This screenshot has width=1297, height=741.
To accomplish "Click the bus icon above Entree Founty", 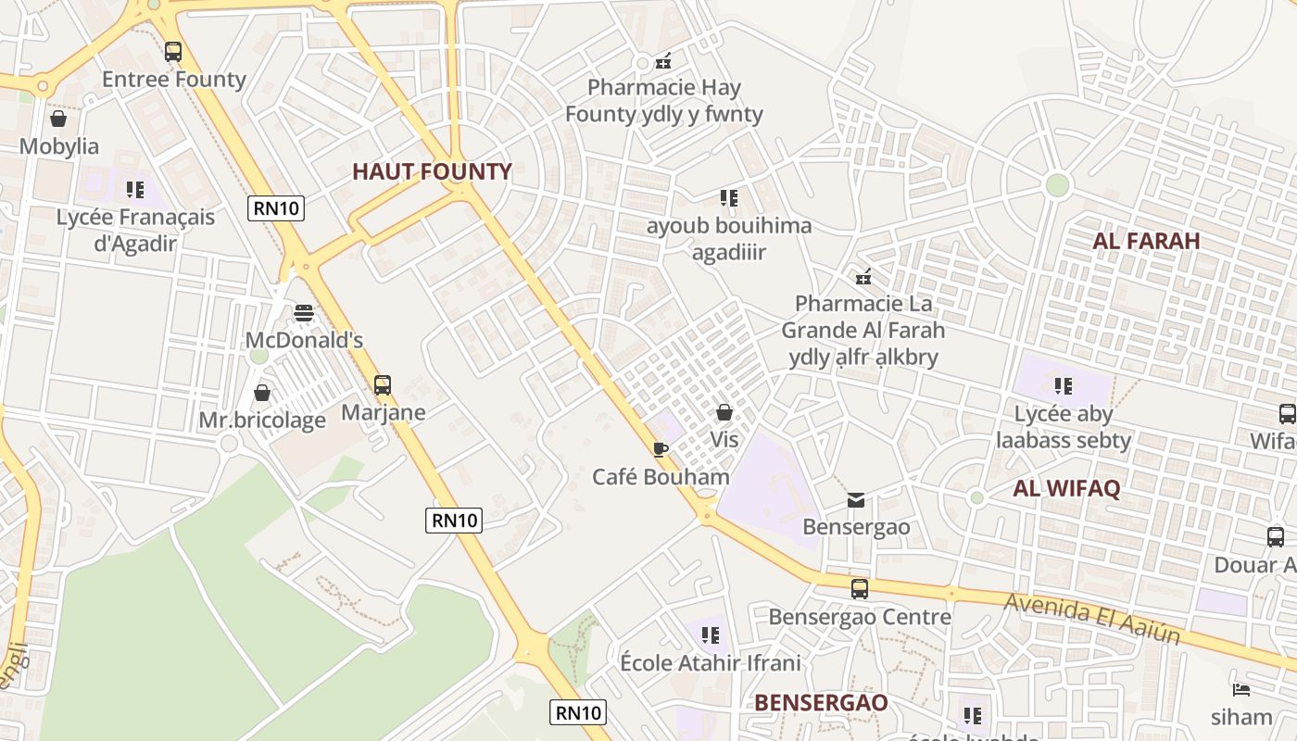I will click(173, 52).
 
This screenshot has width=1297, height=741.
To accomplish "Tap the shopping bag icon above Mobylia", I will click(58, 119).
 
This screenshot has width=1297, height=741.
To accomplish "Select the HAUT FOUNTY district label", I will click(432, 171).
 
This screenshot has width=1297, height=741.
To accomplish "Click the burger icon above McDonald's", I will click(304, 313).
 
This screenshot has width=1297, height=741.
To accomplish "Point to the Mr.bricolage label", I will click(262, 421).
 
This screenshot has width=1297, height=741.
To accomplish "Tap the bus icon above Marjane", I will click(383, 384).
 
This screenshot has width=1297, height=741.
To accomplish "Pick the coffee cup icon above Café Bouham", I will click(660, 450).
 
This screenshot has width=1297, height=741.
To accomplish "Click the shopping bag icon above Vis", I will click(724, 412).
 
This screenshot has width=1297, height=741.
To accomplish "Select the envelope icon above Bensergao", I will click(856, 500).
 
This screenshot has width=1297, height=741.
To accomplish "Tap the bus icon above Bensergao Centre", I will click(860, 589).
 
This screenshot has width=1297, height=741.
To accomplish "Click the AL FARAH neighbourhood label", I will click(1146, 241).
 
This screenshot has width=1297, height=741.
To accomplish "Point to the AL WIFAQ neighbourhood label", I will click(1066, 489).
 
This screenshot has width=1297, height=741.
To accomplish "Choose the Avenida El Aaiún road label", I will click(1092, 619).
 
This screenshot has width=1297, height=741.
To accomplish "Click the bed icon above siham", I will click(1241, 690).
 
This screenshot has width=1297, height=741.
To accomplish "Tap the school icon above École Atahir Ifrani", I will click(711, 635).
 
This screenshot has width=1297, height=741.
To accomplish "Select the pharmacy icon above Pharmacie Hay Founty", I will click(663, 61).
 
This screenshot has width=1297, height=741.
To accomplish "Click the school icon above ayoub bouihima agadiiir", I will click(729, 198).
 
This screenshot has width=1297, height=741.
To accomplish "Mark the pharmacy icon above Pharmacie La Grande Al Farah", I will click(863, 276).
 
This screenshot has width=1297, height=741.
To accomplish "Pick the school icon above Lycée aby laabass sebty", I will click(1064, 385).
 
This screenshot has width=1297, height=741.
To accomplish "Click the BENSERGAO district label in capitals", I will click(821, 702).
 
